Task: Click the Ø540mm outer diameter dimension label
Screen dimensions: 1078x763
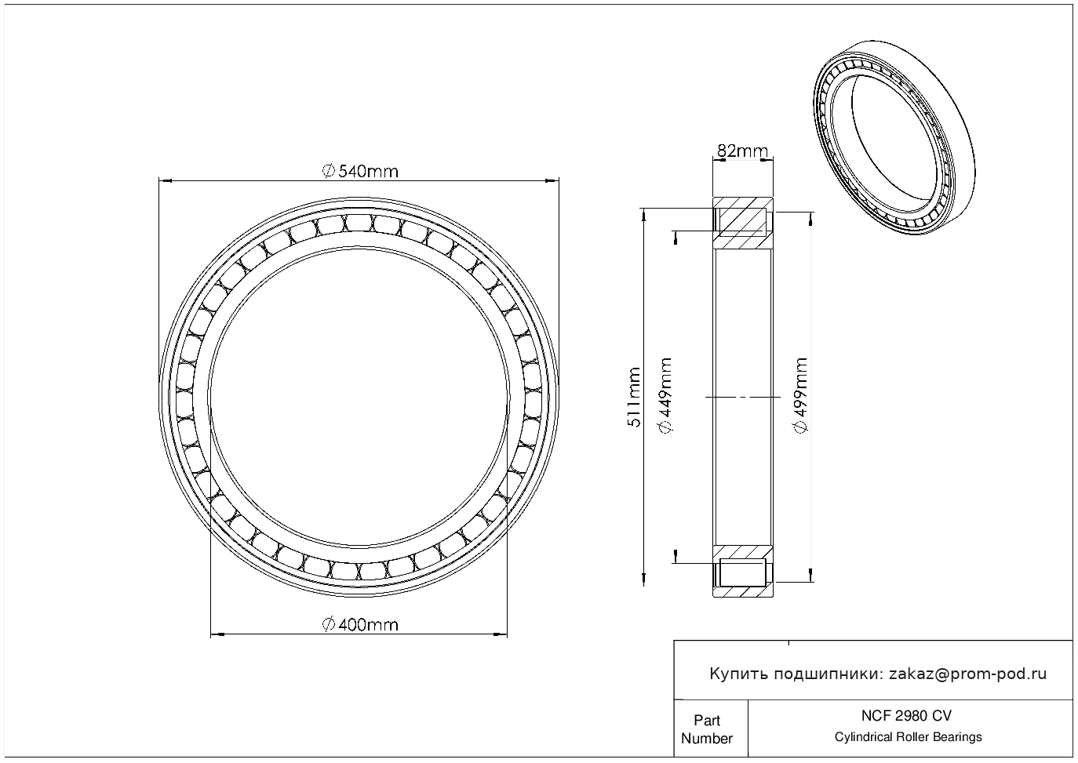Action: tap(360, 171)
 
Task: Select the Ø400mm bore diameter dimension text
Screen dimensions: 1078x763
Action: tap(360, 625)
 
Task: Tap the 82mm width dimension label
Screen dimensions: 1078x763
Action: tap(742, 151)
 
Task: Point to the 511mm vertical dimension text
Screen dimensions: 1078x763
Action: tap(634, 397)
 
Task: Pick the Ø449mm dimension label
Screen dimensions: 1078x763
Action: tap(665, 395)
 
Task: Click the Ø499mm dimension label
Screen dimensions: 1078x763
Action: tap(799, 395)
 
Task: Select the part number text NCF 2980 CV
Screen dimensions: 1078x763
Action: tap(906, 716)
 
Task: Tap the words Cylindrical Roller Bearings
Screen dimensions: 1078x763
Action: tap(908, 737)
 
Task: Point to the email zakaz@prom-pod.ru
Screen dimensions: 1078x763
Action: tap(967, 674)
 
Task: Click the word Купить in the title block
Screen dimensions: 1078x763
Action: tap(739, 674)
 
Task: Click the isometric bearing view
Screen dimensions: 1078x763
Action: tap(894, 137)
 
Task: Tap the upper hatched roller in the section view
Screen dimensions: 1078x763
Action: tap(742, 222)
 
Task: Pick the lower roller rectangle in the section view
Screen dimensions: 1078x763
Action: tap(742, 572)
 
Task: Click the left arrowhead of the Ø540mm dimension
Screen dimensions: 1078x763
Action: tap(165, 181)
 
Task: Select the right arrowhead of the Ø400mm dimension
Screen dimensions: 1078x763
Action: tap(501, 634)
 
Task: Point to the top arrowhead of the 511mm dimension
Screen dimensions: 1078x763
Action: tap(643, 215)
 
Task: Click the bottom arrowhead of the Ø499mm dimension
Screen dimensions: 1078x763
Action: tap(810, 576)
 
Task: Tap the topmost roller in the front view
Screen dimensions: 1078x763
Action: tap(359, 223)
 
